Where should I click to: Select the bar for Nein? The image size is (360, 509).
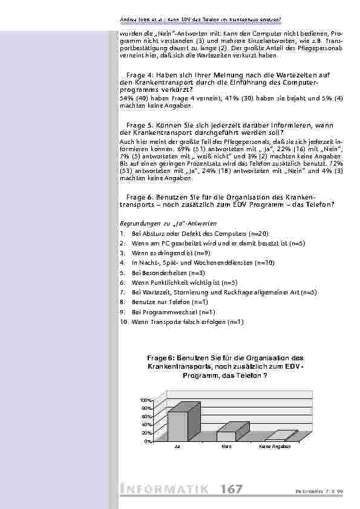pos(226,436)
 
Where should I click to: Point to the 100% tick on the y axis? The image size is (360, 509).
pos(146,401)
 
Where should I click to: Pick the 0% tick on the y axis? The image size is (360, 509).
pos(148,441)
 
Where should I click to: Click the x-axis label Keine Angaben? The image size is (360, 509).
pos(275,447)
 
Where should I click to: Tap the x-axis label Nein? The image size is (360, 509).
pos(226,447)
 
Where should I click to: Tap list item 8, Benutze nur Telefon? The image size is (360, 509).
pos(161,301)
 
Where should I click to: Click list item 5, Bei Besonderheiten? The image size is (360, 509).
pos(158,272)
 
